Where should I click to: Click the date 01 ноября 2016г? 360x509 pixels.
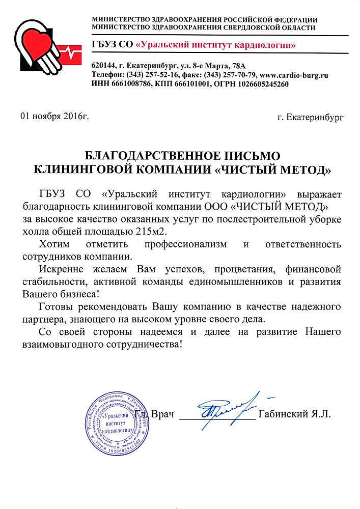(54, 117)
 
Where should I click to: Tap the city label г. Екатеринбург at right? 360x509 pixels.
(311, 118)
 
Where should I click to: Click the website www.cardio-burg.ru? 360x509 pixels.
(294, 75)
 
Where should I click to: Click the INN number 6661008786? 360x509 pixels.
(130, 84)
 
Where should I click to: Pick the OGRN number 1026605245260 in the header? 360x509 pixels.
(259, 84)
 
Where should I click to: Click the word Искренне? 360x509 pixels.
(59, 268)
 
